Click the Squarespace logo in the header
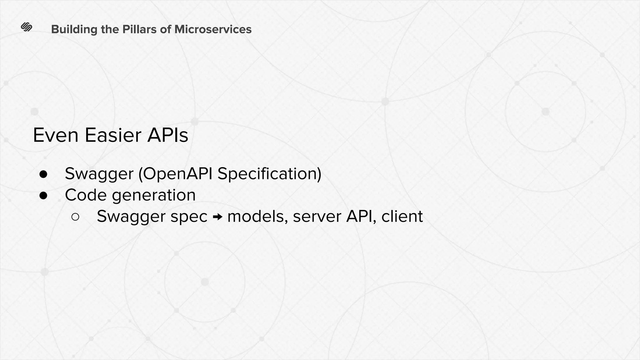(27, 27)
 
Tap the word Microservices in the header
(213, 29)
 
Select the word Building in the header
(74, 29)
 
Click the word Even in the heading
(56, 135)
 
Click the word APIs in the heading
(168, 135)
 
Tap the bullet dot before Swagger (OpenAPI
(43, 174)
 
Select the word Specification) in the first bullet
(269, 174)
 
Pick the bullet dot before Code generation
(43, 196)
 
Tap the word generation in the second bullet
(154, 196)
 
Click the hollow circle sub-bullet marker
(75, 217)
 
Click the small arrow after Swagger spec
(217, 217)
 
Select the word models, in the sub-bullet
(257, 216)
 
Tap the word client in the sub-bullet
(402, 216)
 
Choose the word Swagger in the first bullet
(99, 174)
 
